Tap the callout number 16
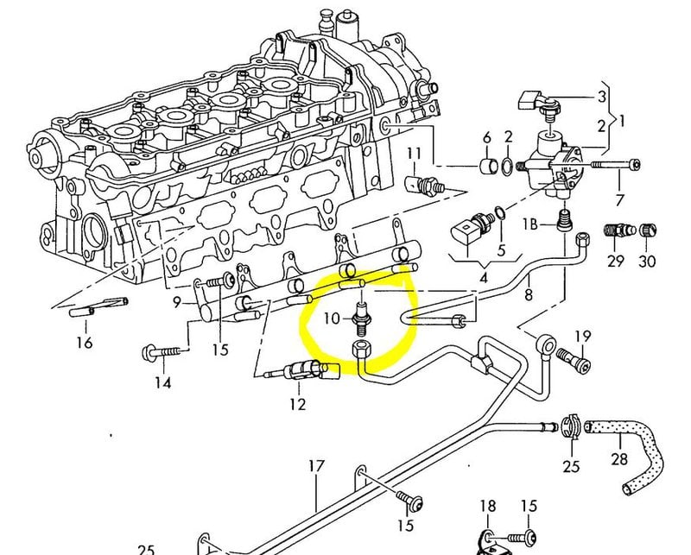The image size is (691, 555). click(83, 343)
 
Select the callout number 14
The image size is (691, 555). click(162, 383)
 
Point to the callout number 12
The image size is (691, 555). click(297, 403)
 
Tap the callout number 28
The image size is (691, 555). click(619, 457)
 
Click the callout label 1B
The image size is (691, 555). click(529, 224)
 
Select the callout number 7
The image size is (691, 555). click(618, 199)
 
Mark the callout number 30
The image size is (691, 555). click(646, 261)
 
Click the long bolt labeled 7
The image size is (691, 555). click(614, 163)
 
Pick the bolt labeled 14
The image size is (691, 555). click(163, 352)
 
